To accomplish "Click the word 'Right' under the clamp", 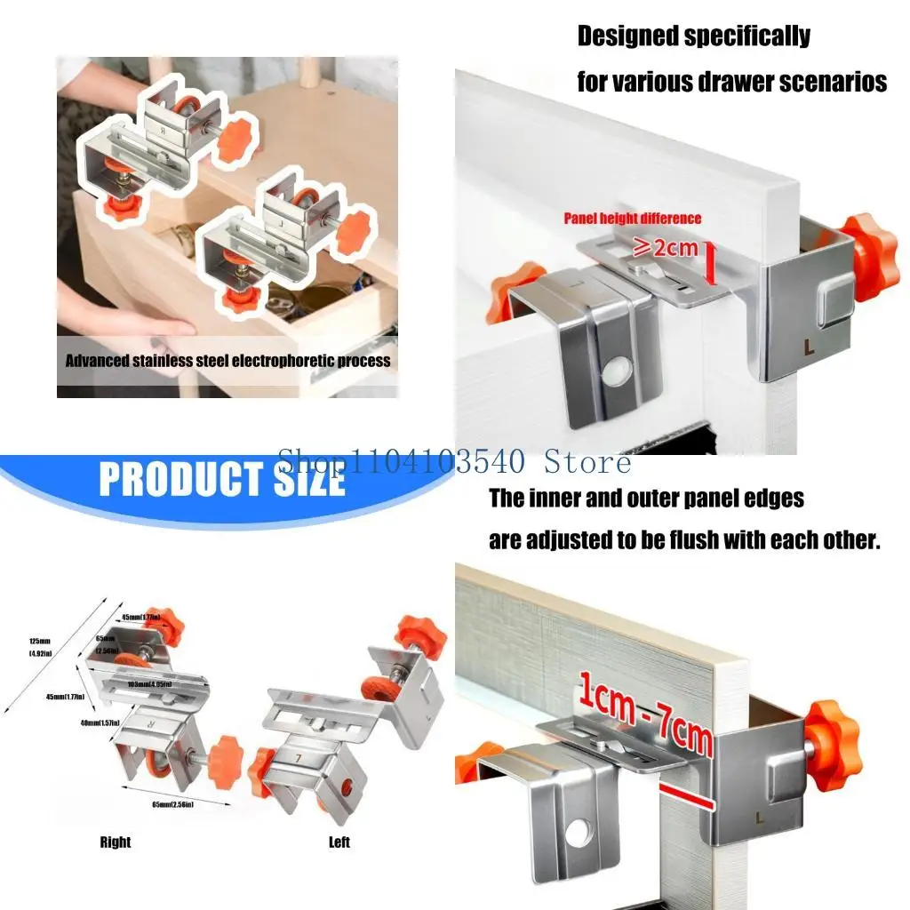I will point(115,842).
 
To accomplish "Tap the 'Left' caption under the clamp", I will point(339,842).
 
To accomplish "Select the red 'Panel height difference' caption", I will point(632,219).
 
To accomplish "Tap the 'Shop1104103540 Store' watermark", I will point(454,461).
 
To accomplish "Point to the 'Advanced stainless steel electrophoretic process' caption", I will point(227,361).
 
